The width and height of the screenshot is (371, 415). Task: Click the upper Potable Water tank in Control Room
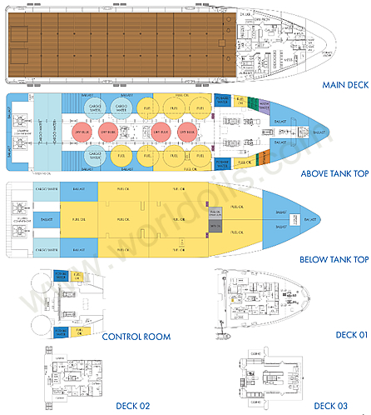61,276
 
